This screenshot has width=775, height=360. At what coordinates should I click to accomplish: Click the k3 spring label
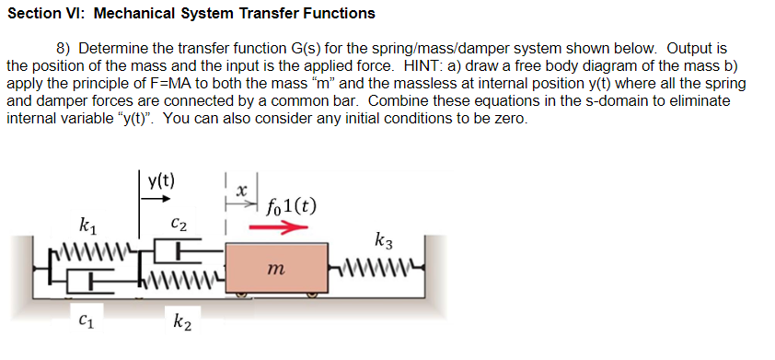386,242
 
